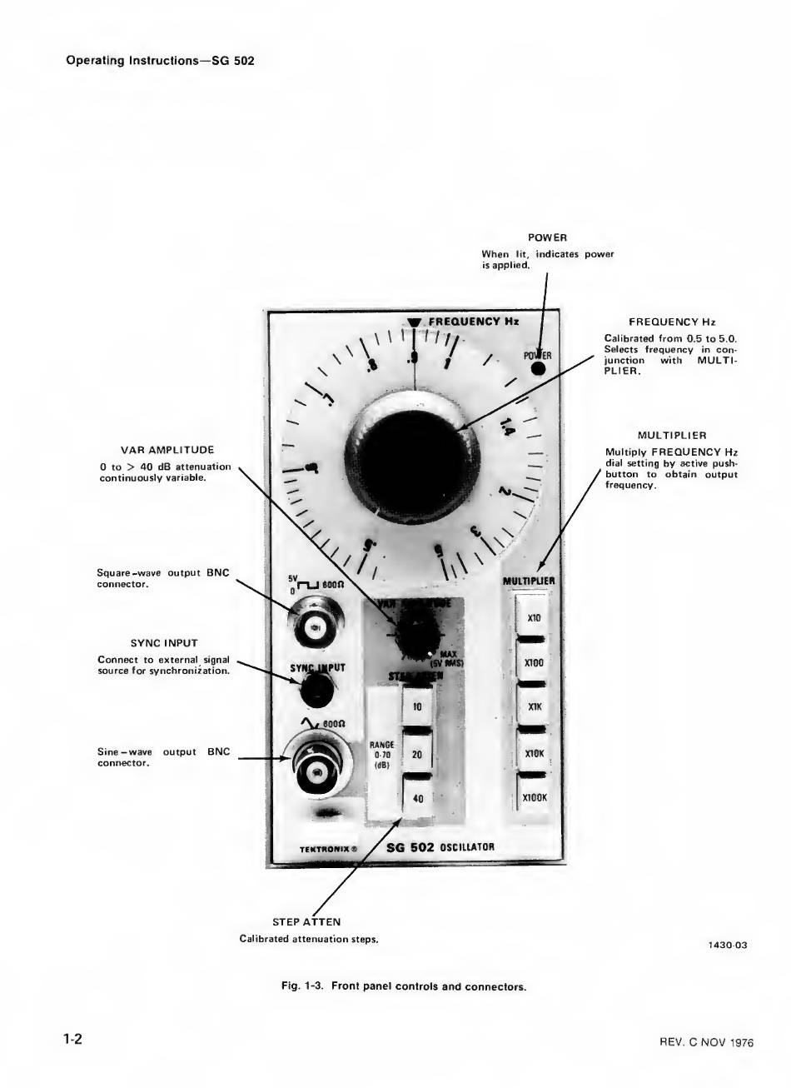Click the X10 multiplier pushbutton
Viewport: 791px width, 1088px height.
(x=535, y=618)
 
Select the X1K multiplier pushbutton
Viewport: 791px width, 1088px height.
(x=535, y=707)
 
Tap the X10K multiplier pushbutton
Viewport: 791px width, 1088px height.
(x=535, y=752)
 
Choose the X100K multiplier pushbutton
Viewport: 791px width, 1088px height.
(x=535, y=797)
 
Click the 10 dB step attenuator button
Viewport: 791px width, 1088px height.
(x=417, y=707)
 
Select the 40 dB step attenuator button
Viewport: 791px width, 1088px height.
(x=417, y=798)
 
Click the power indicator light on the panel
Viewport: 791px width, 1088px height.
(x=539, y=369)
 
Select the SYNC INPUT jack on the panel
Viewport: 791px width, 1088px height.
(x=317, y=688)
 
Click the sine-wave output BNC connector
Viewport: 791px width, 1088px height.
(x=316, y=770)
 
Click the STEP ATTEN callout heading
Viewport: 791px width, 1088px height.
(x=306, y=922)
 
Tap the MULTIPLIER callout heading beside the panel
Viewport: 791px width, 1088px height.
(x=671, y=435)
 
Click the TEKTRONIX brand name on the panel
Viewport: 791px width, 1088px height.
(x=328, y=850)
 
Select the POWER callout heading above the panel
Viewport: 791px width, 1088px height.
(x=547, y=238)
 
